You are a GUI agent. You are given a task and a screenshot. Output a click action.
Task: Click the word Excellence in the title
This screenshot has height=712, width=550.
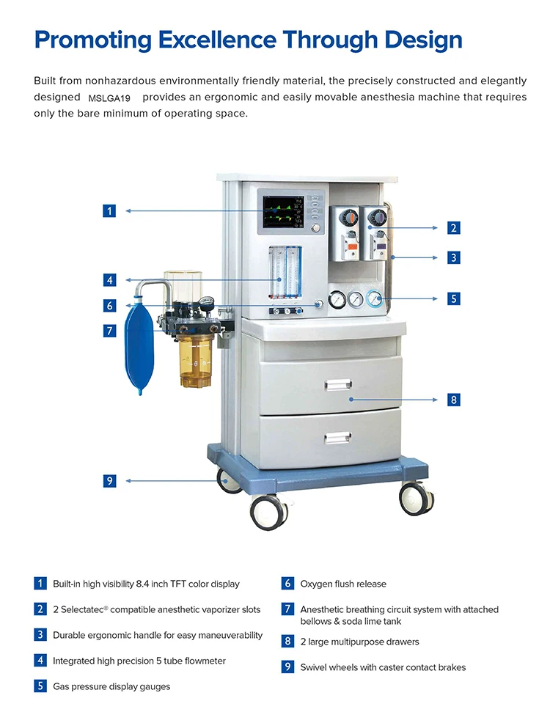[x=217, y=40]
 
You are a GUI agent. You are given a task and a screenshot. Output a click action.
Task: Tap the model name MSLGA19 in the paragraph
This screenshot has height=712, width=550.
[x=109, y=98]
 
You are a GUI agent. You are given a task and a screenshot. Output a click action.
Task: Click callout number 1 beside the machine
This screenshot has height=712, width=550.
[x=109, y=210]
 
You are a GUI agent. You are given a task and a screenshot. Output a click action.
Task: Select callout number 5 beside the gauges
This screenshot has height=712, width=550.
[x=453, y=298]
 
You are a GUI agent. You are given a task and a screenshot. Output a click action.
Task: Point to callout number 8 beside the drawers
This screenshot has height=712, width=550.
[x=453, y=400]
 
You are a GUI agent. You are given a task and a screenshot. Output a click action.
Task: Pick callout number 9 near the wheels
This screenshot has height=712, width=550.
[x=109, y=480]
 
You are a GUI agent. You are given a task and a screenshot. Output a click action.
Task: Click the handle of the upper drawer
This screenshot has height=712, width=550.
[x=338, y=385]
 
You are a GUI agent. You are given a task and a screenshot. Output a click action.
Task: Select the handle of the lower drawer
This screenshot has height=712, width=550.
[x=337, y=438]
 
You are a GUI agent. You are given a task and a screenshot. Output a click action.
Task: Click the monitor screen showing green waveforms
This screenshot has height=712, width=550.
[x=283, y=212]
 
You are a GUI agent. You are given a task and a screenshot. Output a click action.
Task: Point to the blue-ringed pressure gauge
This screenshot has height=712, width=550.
[x=374, y=298]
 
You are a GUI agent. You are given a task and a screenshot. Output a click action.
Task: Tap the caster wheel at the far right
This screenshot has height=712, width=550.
[x=417, y=498]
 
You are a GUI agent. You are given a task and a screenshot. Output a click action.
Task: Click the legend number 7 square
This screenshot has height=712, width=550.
[x=287, y=609]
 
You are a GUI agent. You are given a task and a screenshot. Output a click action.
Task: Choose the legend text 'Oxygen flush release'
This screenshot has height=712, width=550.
[x=343, y=584]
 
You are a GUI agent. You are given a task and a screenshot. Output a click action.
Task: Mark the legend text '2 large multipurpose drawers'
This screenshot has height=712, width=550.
[x=360, y=642]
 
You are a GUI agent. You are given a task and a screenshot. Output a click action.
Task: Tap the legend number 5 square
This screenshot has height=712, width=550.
[x=40, y=686]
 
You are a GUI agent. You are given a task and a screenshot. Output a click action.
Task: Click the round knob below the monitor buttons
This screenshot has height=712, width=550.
[x=315, y=228]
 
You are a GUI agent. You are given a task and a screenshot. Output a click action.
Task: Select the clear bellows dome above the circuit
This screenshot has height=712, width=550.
[x=183, y=287]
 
